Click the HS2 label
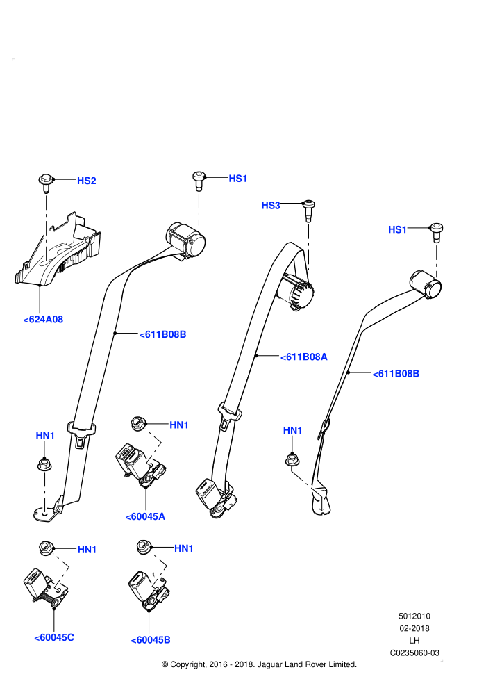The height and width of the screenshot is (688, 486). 86,181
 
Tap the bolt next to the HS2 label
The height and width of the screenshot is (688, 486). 46,183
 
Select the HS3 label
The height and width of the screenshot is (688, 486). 270,205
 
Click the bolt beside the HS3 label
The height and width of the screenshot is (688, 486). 309,210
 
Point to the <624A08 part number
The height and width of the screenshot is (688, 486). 43,320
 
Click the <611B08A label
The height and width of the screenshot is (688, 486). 303,357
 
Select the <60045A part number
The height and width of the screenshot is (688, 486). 145,516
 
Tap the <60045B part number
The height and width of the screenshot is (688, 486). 151,640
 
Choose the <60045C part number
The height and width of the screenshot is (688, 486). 54,637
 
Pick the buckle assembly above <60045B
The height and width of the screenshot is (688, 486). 149,590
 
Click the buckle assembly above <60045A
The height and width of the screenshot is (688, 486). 140,465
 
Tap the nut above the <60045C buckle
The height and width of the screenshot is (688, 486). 46,548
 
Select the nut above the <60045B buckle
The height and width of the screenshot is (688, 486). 143,547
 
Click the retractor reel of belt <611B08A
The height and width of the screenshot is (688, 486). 296,291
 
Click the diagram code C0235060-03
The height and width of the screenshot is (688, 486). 414,653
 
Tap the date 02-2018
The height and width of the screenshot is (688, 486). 414,628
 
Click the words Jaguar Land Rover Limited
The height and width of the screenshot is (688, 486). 307,664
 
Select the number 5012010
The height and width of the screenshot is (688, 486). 414,616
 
